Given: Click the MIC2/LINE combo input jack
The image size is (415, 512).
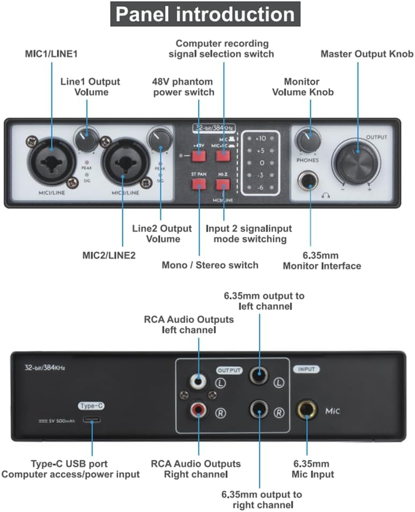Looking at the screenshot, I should (x=123, y=160).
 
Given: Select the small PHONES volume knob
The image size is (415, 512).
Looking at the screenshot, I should (x=308, y=141).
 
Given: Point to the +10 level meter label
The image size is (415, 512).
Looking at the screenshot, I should (x=260, y=139).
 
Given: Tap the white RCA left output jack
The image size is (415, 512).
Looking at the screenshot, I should (x=198, y=382).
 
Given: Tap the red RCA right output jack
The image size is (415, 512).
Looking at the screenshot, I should (x=198, y=412).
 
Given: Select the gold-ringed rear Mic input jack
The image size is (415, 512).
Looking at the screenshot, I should (x=307, y=411).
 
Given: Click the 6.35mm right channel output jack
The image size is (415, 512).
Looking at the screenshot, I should (x=259, y=411).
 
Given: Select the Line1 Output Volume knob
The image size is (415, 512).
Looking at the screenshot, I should (x=86, y=140).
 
